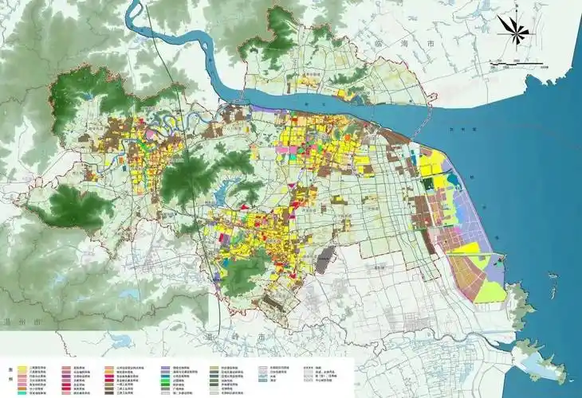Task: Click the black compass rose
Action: click(x=513, y=30)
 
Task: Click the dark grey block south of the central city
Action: click(x=324, y=259)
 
